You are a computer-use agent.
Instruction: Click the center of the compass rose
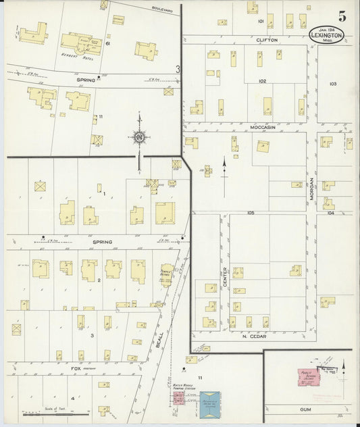139,138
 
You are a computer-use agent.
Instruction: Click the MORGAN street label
311,189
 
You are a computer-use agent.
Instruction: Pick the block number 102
261,81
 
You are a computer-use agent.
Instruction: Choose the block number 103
332,84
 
